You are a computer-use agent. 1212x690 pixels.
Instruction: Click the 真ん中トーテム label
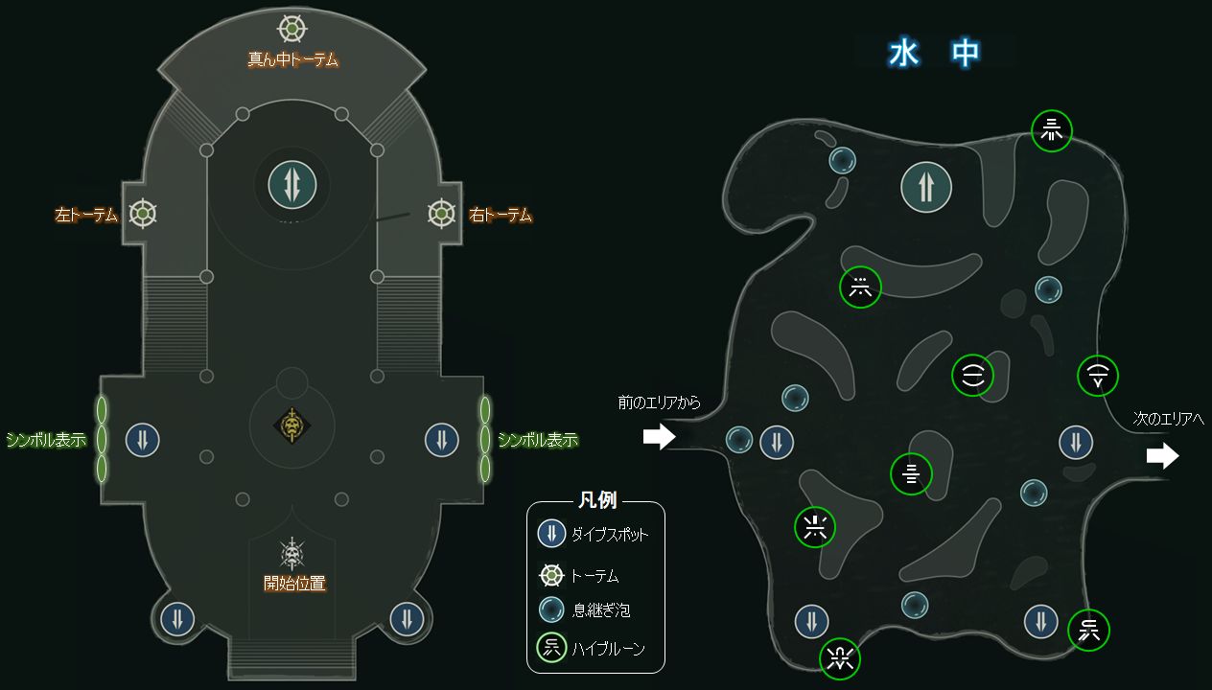(x=292, y=59)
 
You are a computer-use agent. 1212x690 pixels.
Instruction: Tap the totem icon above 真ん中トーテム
(x=292, y=28)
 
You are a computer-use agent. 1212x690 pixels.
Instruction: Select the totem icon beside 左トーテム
(x=143, y=213)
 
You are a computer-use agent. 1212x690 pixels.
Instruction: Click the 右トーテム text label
(x=501, y=215)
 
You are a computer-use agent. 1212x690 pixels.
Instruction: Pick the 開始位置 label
(x=294, y=582)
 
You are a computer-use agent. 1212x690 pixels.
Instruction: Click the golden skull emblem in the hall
(x=291, y=425)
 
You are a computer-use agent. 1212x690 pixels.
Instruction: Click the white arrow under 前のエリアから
(x=659, y=437)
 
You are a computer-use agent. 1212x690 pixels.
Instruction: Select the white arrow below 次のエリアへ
(x=1162, y=456)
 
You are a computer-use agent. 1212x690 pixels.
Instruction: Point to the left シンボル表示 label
(x=46, y=440)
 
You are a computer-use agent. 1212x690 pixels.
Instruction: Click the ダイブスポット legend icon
(x=551, y=534)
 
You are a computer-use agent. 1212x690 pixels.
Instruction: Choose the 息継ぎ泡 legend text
(x=600, y=609)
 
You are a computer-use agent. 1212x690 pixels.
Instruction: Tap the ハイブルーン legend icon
(x=551, y=648)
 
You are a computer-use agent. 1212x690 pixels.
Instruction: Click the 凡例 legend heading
(x=596, y=500)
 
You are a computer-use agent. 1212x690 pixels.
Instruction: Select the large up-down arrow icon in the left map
(x=291, y=182)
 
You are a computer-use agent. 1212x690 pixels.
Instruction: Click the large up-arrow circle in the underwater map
(x=926, y=187)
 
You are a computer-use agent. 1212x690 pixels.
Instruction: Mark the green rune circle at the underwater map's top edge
(x=1051, y=129)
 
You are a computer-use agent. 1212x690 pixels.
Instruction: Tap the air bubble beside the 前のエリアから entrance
(x=739, y=440)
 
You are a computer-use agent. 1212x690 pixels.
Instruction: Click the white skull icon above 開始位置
(x=292, y=553)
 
